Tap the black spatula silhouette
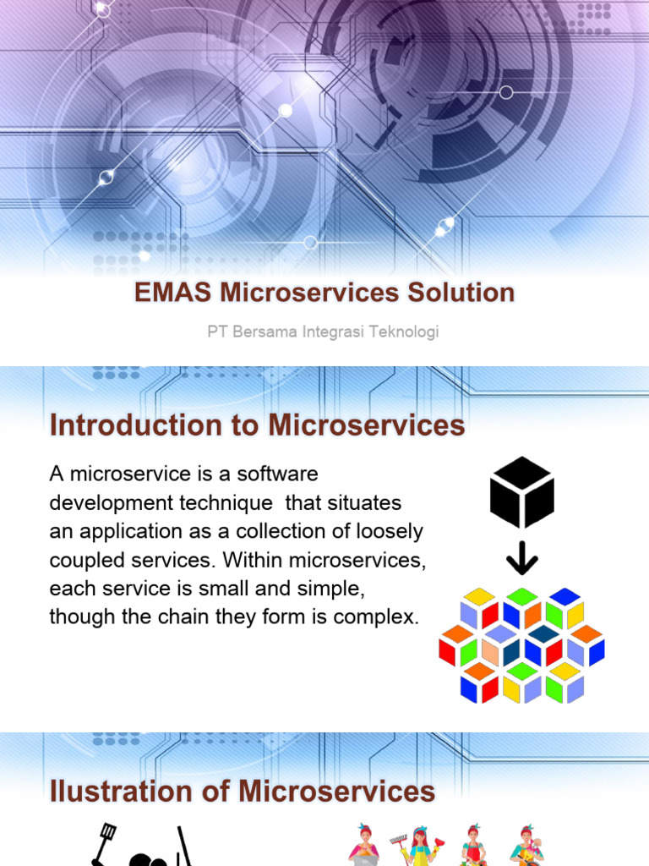click(106, 841)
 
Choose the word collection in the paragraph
click(271, 531)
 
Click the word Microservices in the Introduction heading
click(367, 425)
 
